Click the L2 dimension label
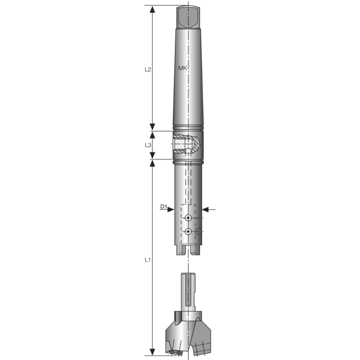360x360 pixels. tap(147, 70)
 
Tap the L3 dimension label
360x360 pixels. tap(147, 145)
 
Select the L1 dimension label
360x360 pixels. tap(147, 260)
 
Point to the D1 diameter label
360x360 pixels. tap(164, 207)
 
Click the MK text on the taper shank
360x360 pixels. tap(183, 67)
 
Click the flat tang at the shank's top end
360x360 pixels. tap(188, 17)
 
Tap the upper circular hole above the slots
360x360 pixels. tap(188, 218)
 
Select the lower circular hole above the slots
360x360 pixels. tap(188, 232)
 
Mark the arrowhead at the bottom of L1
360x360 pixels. tap(153, 351)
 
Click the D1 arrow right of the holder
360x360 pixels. tap(207, 209)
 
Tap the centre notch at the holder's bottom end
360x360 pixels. tap(188, 250)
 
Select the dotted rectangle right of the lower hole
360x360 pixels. tap(199, 231)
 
